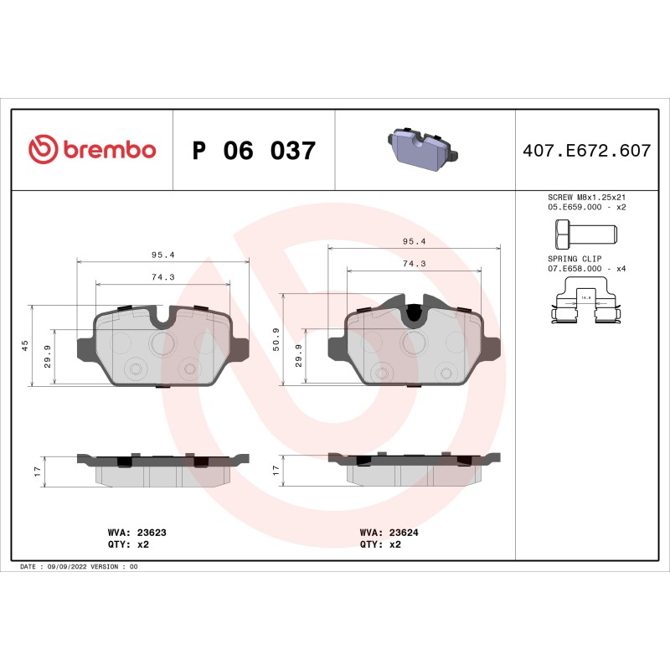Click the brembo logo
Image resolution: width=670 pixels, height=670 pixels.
(x=92, y=150)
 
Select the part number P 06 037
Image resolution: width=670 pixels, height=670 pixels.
(x=254, y=152)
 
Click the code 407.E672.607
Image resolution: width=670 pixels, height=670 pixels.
(x=586, y=152)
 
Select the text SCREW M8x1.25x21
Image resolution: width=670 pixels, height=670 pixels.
(x=586, y=197)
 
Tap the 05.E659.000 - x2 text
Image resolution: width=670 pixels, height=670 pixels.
(x=586, y=206)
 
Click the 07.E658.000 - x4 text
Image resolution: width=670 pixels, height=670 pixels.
(x=586, y=269)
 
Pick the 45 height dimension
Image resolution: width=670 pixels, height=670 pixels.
(x=25, y=345)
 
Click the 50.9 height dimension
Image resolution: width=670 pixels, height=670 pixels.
(x=276, y=339)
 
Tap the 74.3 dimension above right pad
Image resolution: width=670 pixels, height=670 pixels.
(x=414, y=263)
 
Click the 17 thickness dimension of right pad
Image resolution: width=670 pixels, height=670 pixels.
(x=276, y=472)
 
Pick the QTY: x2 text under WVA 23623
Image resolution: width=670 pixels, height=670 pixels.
(x=129, y=544)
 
